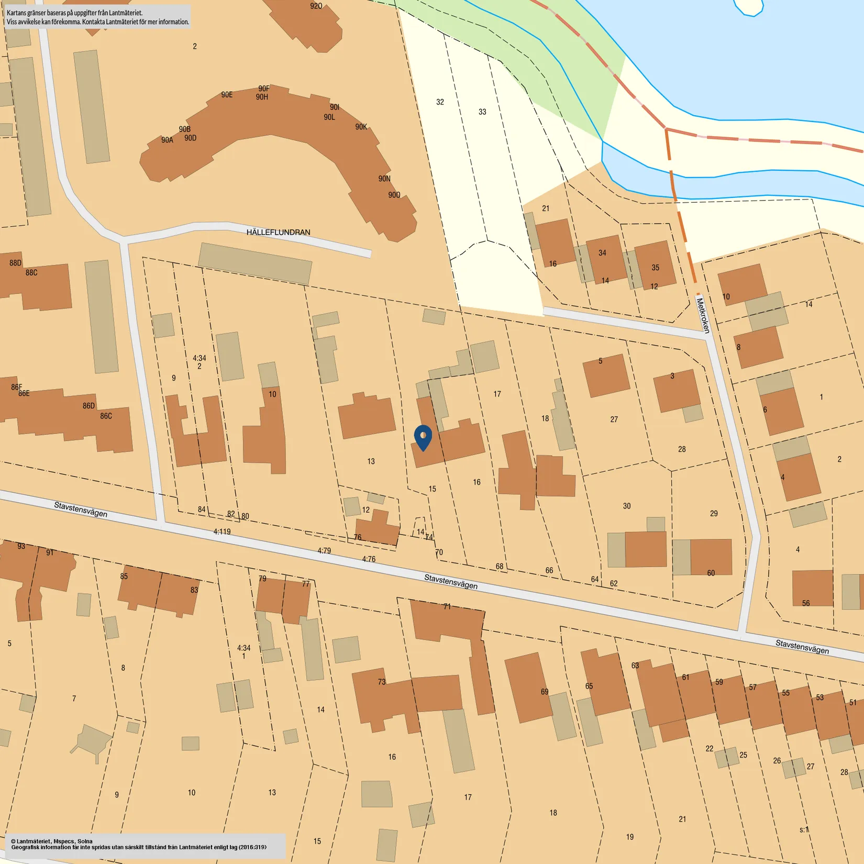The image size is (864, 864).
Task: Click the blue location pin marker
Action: click(423, 437)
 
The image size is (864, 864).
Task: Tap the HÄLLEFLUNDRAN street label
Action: click(278, 232)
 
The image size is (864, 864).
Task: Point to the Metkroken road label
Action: click(703, 315)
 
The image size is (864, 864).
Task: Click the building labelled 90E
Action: click(227, 95)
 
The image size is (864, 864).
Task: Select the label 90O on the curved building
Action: click(394, 195)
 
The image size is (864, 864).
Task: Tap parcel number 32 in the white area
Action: click(440, 102)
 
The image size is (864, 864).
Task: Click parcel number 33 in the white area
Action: click(482, 112)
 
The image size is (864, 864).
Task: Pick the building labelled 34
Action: click(603, 253)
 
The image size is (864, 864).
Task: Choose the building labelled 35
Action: click(655, 268)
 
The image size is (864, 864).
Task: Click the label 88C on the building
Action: click(31, 272)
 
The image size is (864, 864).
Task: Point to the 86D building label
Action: click(89, 405)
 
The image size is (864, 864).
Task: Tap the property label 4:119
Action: click(222, 531)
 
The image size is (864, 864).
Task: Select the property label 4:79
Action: click(324, 550)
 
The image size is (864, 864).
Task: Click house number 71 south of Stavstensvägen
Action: click(447, 606)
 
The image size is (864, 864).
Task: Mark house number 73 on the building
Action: click(382, 682)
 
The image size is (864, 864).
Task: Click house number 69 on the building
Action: click(545, 692)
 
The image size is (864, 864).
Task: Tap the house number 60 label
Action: click(711, 573)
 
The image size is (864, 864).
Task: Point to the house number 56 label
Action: click(806, 603)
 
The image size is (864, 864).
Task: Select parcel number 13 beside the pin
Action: click(371, 461)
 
